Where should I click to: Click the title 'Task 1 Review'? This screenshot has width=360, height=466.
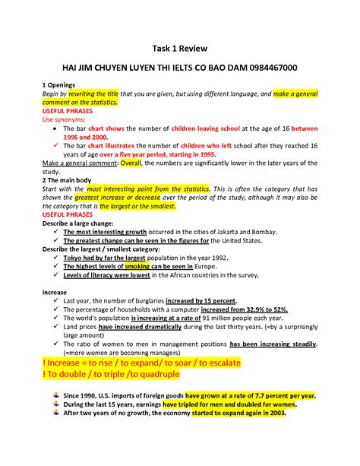(180, 46)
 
